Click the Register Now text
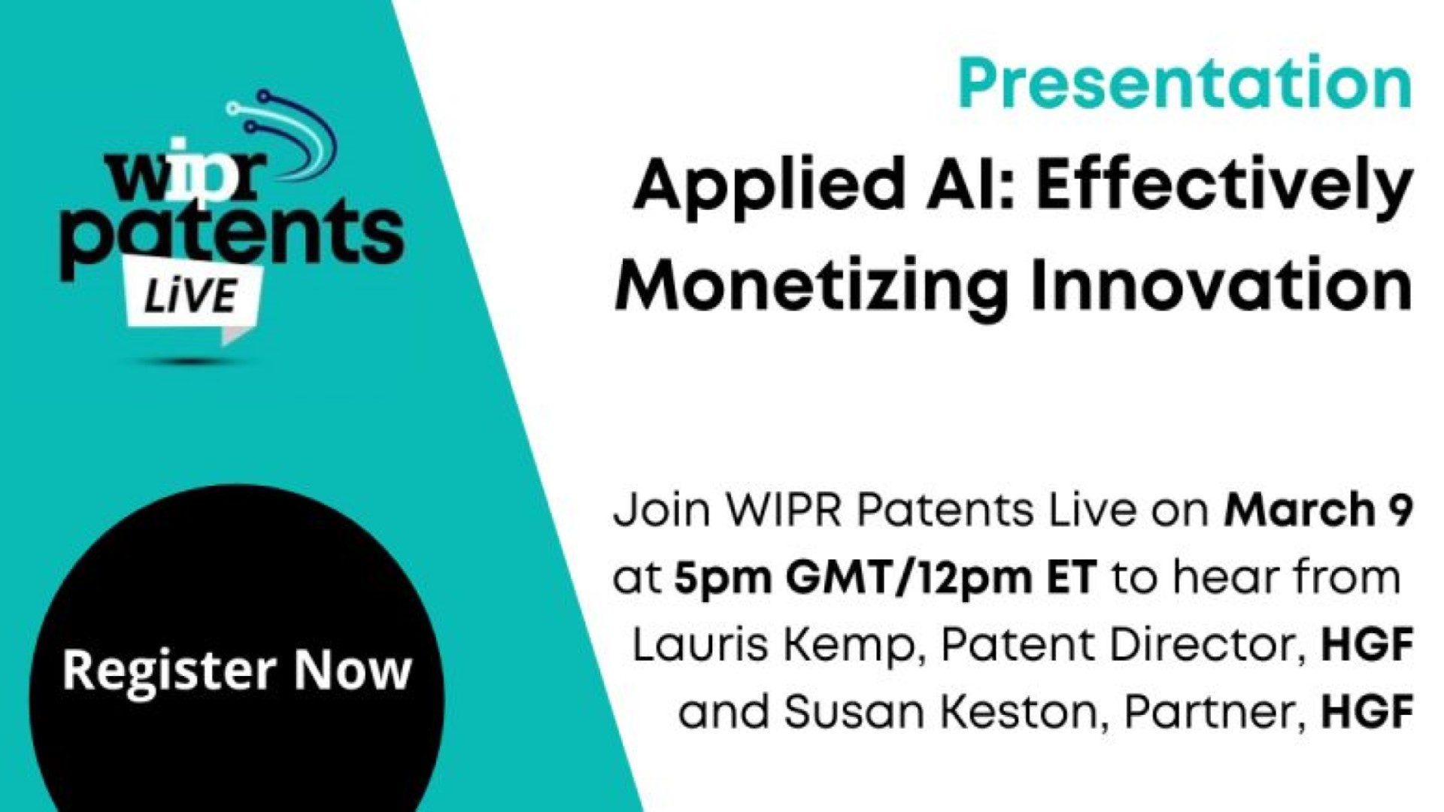coord(237,671)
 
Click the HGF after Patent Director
coord(1367,646)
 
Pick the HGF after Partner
coord(1367,712)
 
